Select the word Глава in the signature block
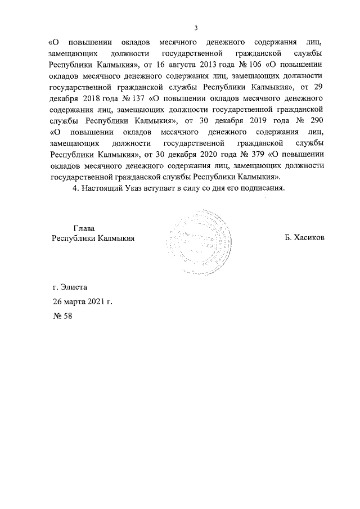(x=84, y=228)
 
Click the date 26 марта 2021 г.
(x=82, y=301)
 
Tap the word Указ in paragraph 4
(x=140, y=188)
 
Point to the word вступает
(x=170, y=188)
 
